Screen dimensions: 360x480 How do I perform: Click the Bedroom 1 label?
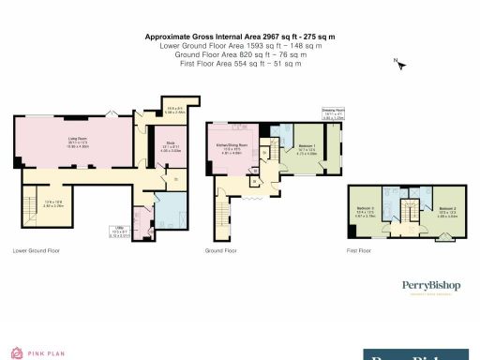306,148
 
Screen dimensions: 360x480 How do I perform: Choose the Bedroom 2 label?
446,210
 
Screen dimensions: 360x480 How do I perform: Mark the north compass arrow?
398,64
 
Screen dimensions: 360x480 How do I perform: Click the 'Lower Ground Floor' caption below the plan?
37,251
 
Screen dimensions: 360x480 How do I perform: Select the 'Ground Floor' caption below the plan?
220,251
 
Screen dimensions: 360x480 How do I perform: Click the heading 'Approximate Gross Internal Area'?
239,37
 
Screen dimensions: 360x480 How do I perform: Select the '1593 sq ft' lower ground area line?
240,45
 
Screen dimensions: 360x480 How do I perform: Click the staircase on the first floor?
408,208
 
